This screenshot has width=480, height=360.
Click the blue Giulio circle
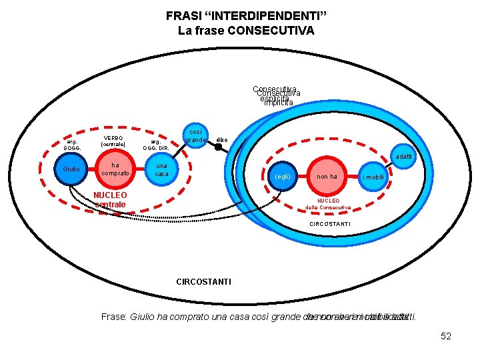coord(71,169)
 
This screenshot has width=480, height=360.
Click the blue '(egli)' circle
coord(283,177)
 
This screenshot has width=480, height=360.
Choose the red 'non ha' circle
coord(327,176)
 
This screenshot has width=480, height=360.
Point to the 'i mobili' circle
coord(373,177)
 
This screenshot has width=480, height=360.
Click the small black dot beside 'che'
coord(218,145)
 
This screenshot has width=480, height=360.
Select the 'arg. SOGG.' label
coord(71,144)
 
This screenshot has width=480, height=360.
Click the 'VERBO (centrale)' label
coord(112,141)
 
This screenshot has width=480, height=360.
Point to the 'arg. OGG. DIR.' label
coord(155,144)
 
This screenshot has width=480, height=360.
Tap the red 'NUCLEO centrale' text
coord(110,199)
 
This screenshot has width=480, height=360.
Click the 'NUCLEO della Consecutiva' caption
coord(327,203)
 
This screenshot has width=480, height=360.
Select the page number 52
coord(446,336)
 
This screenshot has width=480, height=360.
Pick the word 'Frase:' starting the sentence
coord(114,317)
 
